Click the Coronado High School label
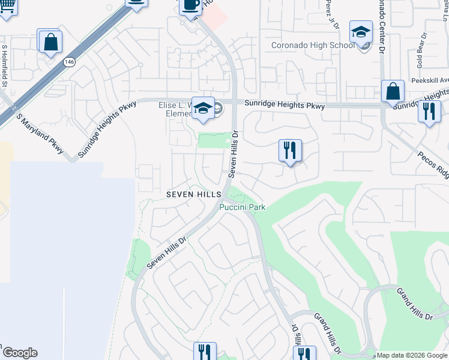313,45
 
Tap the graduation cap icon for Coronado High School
361,32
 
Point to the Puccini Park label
242,208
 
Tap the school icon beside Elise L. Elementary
203,109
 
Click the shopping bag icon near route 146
50,41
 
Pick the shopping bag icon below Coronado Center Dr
393,92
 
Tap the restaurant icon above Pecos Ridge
429,112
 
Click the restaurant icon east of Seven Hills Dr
290,151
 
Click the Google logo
19,353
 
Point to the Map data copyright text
412,356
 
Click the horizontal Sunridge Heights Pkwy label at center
285,106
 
